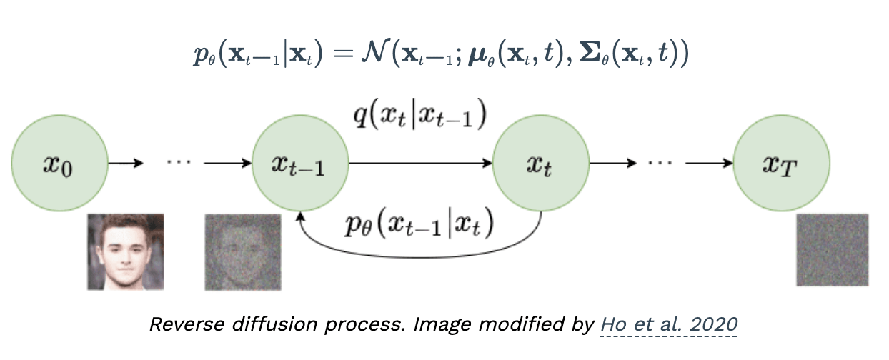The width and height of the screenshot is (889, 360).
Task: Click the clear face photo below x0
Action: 125,251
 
